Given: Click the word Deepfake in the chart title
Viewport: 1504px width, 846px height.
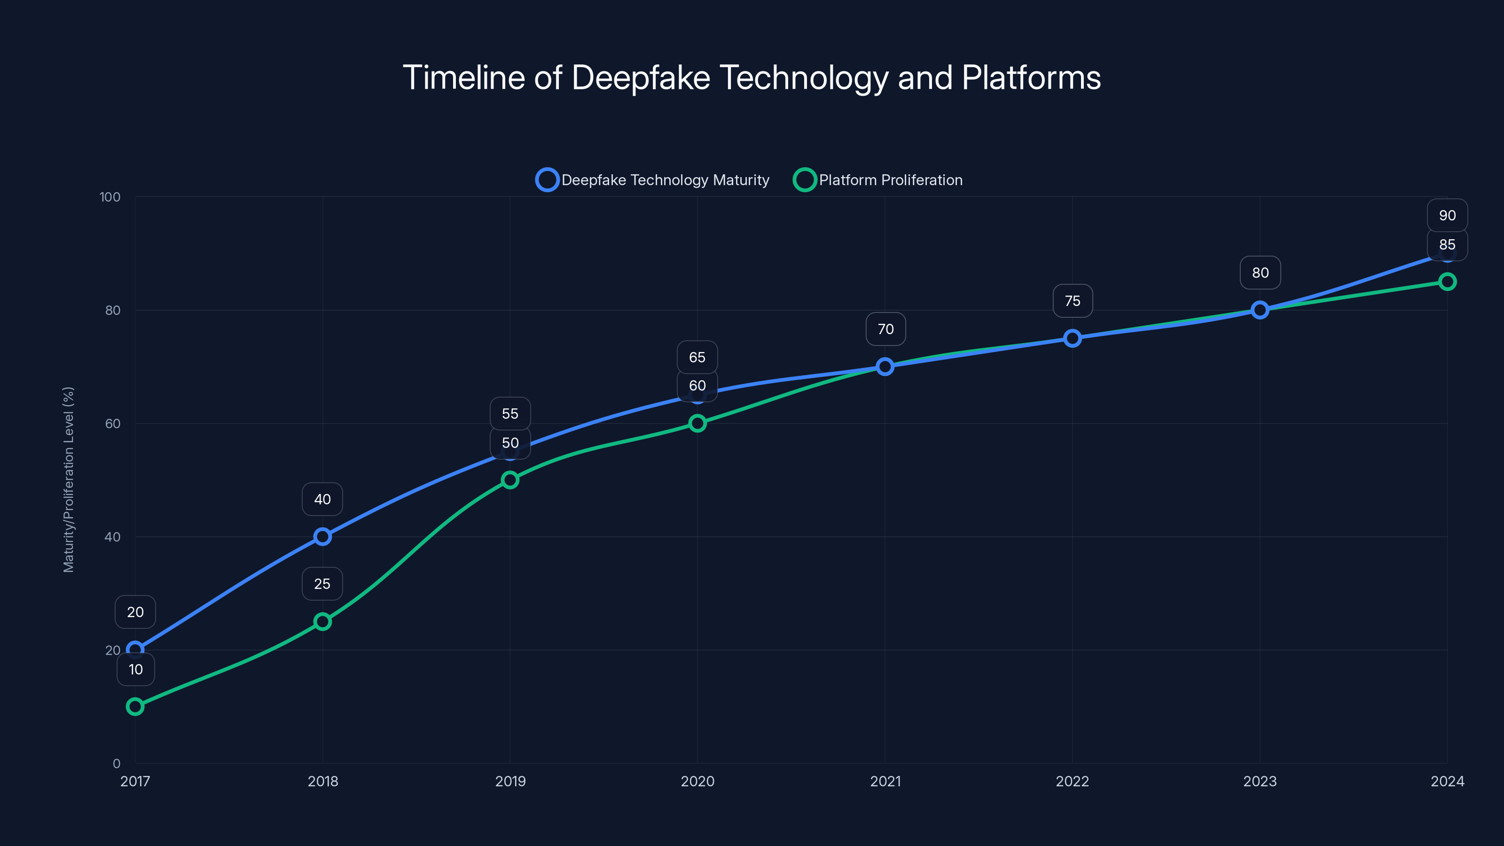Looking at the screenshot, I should tap(641, 78).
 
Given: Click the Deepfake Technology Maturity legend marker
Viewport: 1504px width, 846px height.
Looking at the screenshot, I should tap(547, 180).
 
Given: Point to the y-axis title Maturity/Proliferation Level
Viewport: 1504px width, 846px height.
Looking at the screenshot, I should tap(68, 479).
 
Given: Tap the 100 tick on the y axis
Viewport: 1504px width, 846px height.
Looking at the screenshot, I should tap(110, 197).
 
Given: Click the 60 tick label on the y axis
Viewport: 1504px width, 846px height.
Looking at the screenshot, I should tap(113, 424).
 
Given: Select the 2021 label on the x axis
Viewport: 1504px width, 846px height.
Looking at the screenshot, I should tap(885, 781).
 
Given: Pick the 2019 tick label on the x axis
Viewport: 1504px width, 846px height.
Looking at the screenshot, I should tap(510, 781).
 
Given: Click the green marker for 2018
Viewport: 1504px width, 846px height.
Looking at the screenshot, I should tap(322, 621).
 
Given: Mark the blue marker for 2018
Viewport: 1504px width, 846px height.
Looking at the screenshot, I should tap(322, 537).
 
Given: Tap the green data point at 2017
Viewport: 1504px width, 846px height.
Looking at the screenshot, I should tap(135, 706).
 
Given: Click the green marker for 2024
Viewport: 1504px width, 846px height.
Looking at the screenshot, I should tap(1447, 282).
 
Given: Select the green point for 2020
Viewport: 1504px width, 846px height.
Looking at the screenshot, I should tap(697, 423).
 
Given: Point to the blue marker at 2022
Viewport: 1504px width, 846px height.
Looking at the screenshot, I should tap(1072, 338).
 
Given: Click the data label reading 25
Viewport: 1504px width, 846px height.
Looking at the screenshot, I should tap(322, 584).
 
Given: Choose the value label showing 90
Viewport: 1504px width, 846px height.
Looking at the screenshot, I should tap(1447, 215).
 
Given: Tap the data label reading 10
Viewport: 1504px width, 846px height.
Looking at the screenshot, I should tap(135, 670).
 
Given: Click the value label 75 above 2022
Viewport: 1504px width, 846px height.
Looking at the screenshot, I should tap(1073, 301).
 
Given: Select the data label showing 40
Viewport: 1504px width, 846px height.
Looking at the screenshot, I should tap(322, 499).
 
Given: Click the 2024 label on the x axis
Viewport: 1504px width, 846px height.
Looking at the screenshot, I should tap(1447, 781).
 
